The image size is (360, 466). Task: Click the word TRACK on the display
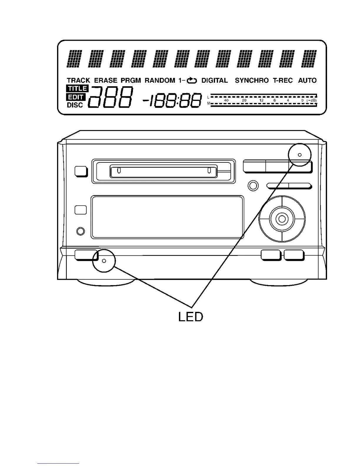point(78,80)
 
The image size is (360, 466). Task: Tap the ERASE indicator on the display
point(106,80)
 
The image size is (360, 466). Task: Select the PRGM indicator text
point(131,80)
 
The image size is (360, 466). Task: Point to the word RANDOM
point(160,80)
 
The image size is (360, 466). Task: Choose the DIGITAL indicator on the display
point(214,80)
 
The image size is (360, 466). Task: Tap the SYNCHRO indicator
point(251,80)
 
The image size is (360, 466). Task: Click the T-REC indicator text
point(283,80)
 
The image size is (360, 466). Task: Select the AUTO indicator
point(307,80)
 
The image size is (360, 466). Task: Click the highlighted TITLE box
point(78,88)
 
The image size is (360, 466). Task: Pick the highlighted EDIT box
point(76,97)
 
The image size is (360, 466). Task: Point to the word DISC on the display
point(75,105)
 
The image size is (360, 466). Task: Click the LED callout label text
point(191,317)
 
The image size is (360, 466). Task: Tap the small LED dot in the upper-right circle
point(300,155)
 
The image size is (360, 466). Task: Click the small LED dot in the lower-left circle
point(104,261)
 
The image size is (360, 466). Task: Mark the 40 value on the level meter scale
point(226,100)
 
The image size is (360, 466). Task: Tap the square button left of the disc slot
point(81,172)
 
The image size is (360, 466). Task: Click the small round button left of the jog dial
point(253,186)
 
